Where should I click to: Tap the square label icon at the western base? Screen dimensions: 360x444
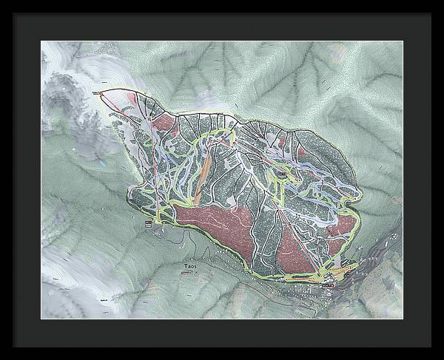[x=148, y=222]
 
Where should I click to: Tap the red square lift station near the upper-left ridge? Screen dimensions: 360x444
[x=149, y=118]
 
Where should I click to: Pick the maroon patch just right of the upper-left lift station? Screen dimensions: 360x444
[x=167, y=122]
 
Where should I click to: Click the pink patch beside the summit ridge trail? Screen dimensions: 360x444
[x=132, y=97]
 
